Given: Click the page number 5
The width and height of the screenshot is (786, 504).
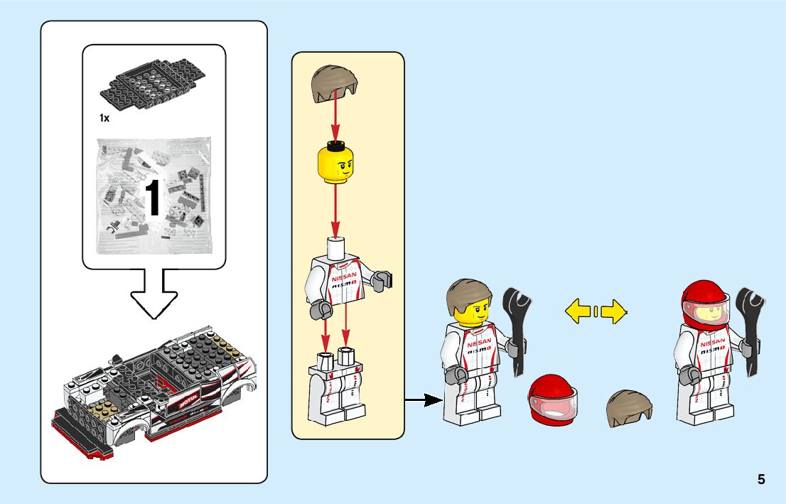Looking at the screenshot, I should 761,479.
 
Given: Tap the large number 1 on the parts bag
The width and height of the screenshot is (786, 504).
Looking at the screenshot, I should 154,198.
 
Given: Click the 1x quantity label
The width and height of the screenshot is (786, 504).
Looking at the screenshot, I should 104,118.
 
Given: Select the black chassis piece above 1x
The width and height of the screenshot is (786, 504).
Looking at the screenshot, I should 153,86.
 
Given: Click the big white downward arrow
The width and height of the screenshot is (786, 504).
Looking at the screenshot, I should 154,293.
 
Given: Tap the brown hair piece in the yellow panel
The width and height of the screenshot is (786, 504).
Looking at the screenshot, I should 333,84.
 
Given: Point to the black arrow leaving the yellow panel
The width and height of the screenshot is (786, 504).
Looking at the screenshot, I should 422,401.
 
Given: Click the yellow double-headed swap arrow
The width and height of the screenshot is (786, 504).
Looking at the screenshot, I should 595,310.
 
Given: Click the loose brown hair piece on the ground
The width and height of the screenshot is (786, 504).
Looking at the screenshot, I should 629,408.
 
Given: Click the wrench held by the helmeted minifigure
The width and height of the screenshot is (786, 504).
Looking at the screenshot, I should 750,328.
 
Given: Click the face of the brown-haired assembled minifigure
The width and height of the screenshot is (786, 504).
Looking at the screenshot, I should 470,309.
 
